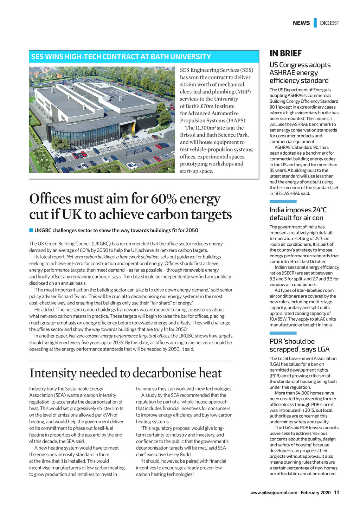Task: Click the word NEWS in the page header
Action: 301,23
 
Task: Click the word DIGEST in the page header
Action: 330,23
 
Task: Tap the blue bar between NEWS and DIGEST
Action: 315,23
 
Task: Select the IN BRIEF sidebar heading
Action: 285,53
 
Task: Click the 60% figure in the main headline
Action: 163,199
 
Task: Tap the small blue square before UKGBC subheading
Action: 31,230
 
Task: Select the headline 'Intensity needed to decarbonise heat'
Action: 126,373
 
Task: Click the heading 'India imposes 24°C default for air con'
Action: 298,214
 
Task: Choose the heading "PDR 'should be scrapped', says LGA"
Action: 300,345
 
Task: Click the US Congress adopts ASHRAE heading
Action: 300,73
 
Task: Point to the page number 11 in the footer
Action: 336,492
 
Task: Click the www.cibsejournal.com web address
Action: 274,492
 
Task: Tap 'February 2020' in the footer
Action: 315,492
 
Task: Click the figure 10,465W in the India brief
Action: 278,319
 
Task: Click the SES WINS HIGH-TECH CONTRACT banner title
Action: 121,57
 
